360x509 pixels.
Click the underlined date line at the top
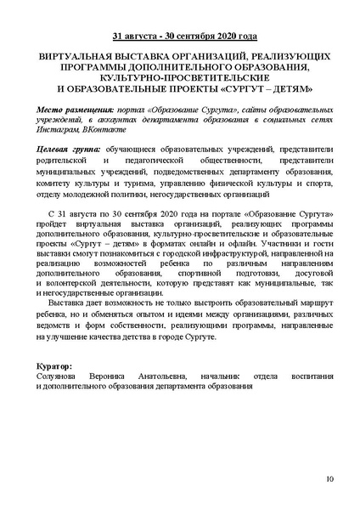coord(179,37)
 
